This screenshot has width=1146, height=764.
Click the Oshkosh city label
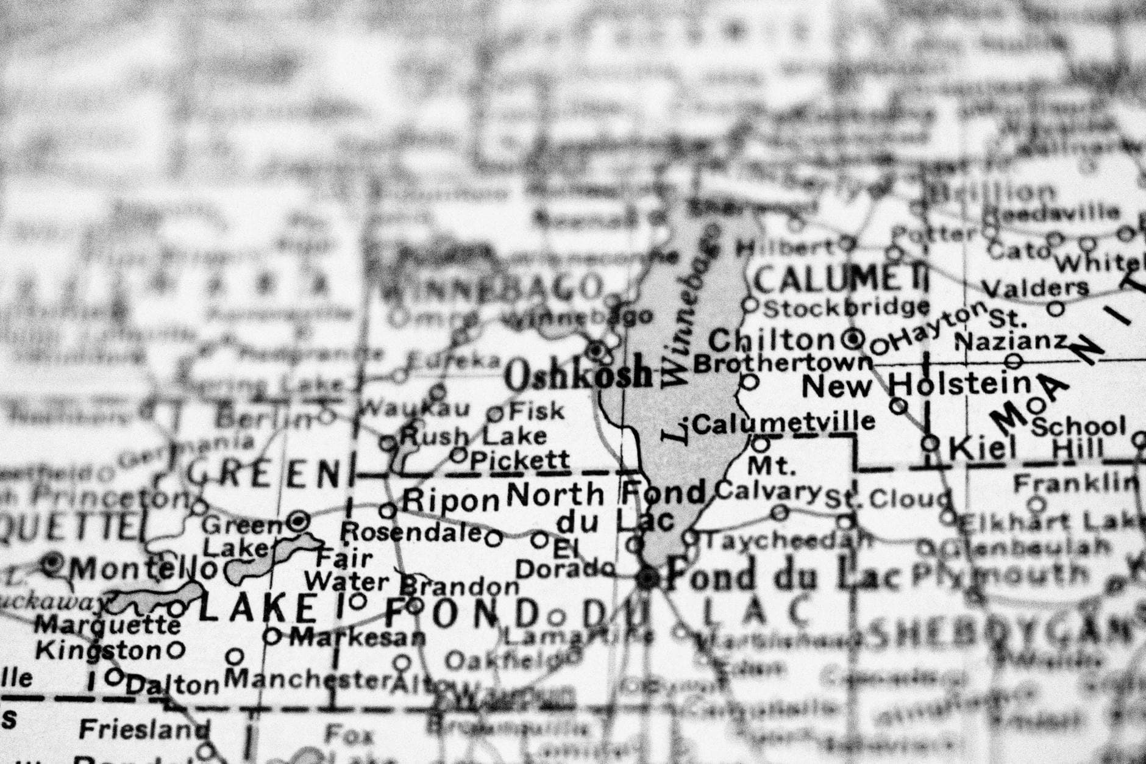coord(578,376)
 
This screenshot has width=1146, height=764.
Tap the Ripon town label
coord(450,501)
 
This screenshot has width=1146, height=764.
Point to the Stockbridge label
coord(846,309)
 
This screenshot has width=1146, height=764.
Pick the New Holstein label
coord(916,385)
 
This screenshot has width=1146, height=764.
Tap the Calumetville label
coord(784,422)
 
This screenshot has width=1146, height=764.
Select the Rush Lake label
coord(473,437)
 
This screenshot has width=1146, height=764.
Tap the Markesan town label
coord(357,638)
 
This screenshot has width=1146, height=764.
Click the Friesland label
coord(144,729)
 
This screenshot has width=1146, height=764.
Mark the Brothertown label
coord(783,364)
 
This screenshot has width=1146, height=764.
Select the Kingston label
coord(98,651)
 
